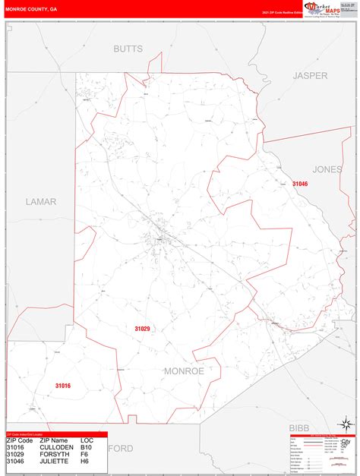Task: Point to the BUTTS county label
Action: pos(128,49)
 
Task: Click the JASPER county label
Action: pos(310,75)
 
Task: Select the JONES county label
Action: pos(327,169)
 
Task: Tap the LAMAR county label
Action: pos(40,201)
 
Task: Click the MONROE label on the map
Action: pos(183,370)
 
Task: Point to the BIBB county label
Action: pos(302,427)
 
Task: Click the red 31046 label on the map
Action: pos(300,184)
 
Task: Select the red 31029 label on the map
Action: pos(142,329)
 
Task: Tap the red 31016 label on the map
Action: pos(63,386)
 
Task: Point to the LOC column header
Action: pos(88,440)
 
